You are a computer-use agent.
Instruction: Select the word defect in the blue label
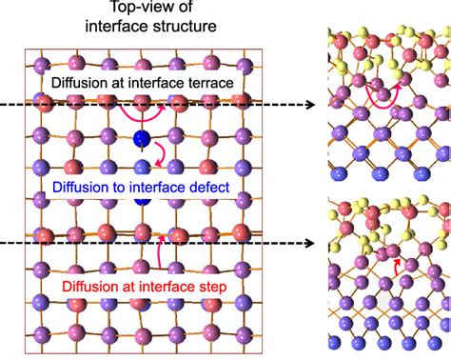click(x=207, y=188)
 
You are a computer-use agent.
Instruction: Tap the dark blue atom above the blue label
click(x=143, y=141)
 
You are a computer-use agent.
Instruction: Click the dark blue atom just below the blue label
click(x=143, y=201)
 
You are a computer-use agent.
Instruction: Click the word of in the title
click(x=173, y=9)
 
